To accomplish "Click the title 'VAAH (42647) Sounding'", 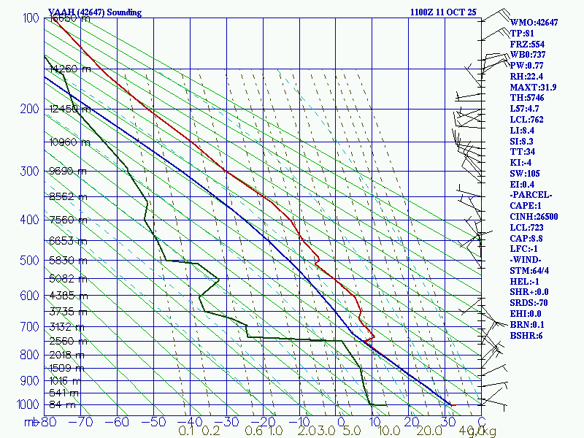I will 95,12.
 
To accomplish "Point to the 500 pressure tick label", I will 28,261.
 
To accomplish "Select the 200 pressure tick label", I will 28,109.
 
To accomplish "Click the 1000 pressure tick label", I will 26,404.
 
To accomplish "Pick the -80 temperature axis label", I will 49,421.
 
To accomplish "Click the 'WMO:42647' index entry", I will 534,23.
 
